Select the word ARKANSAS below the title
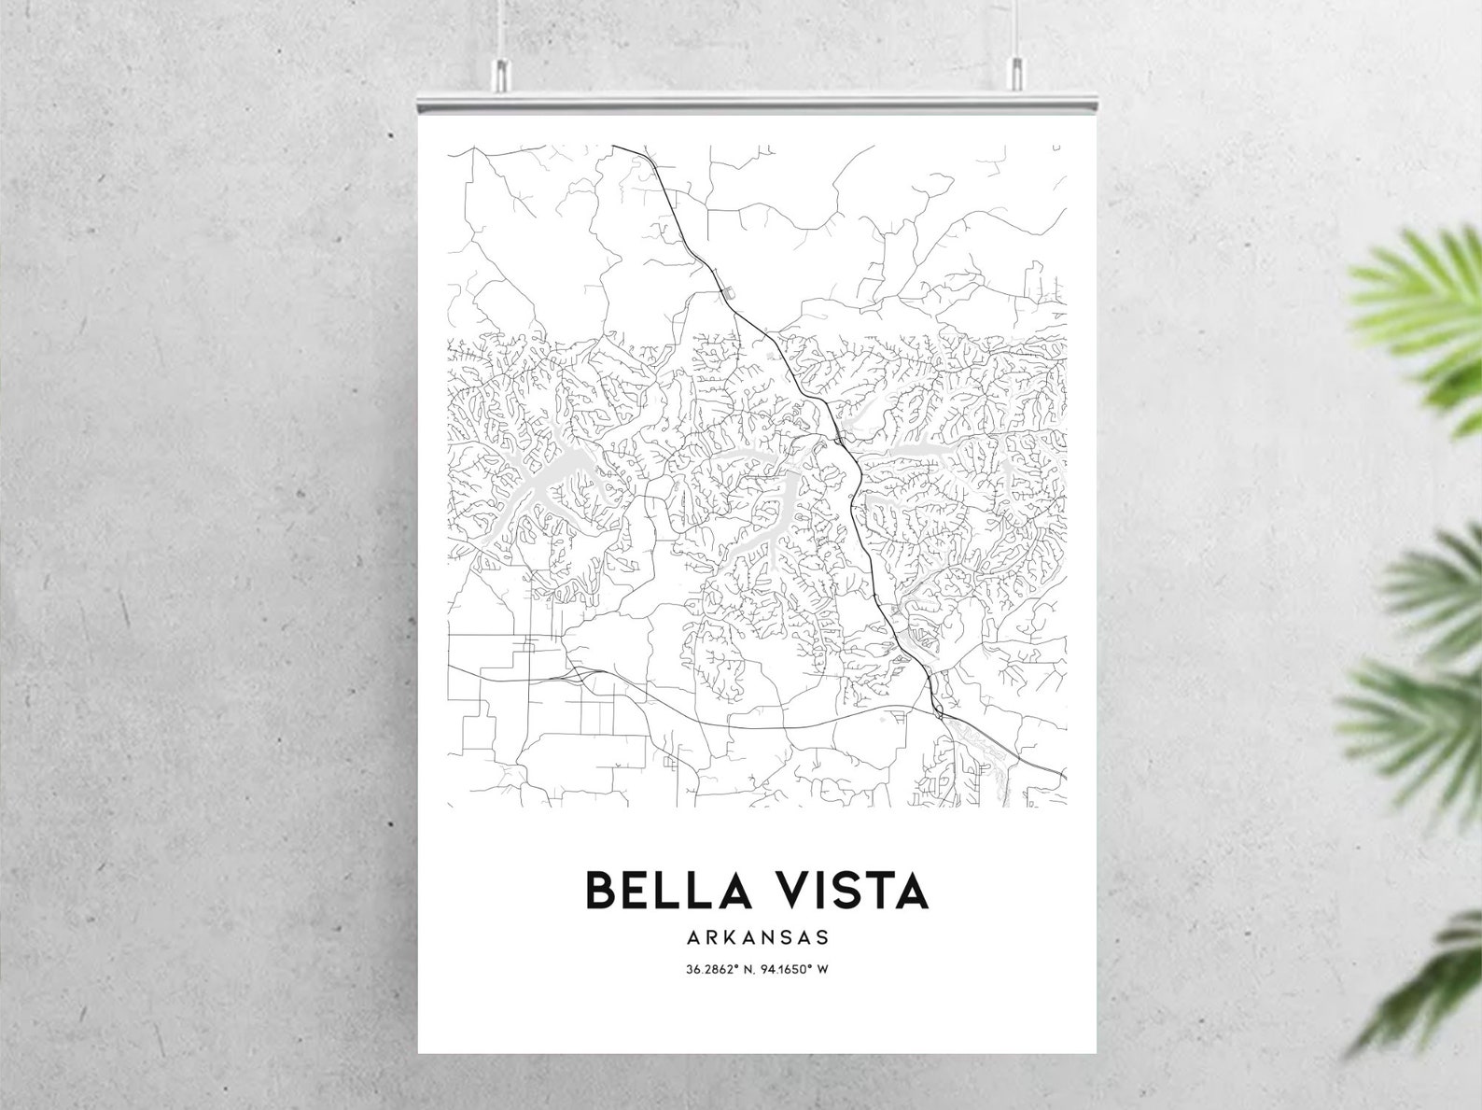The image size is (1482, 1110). [x=757, y=935]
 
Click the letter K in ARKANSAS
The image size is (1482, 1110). [x=728, y=935]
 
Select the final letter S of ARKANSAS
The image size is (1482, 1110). [x=822, y=935]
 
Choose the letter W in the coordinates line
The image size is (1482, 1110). [x=824, y=969]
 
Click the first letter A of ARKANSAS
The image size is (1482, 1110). [x=693, y=935]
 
